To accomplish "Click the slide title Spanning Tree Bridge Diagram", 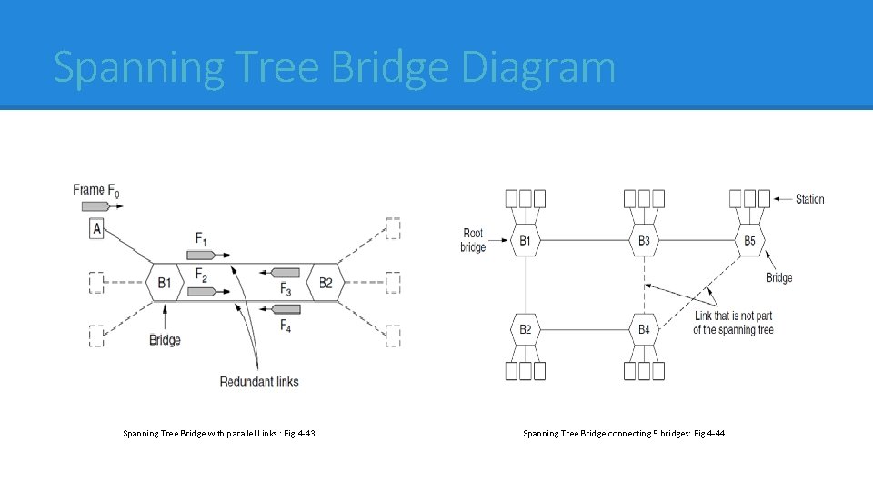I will tap(334, 68).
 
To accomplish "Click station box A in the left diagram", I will tap(96, 228).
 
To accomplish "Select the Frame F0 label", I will tap(96, 190).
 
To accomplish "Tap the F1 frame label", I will tap(202, 238).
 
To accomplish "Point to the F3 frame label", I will tap(286, 289).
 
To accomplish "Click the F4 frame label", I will tap(286, 325).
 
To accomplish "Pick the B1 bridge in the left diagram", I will tap(164, 283).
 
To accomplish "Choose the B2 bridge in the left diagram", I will tap(325, 283).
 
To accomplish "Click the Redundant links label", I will tap(259, 381).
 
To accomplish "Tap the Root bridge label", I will tap(473, 240).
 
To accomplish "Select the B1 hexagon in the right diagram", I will tap(525, 241).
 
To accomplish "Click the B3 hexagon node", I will tap(644, 241).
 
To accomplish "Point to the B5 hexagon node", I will tap(749, 241).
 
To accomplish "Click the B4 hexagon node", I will tap(644, 329).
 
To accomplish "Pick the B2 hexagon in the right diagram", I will tap(525, 329).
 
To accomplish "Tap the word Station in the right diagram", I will tap(809, 199).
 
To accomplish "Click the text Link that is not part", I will tap(733, 316).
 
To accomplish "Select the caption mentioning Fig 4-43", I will tap(219, 434).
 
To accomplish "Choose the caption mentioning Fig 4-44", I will tap(624, 434).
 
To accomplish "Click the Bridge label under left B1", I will tap(165, 340).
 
